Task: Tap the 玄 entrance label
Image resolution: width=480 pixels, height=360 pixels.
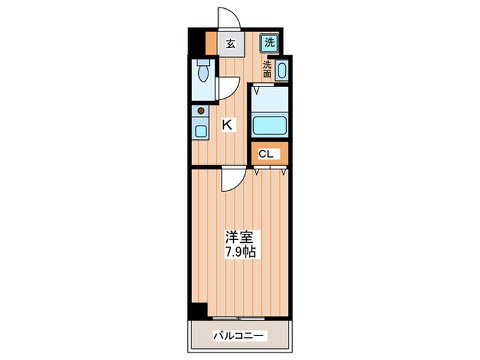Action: (231, 44)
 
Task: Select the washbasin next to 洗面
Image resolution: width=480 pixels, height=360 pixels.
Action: (283, 72)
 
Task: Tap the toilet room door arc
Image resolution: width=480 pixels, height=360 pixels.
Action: (228, 88)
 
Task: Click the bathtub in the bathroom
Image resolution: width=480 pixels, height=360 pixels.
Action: (269, 126)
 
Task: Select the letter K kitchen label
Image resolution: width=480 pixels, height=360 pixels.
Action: (227, 125)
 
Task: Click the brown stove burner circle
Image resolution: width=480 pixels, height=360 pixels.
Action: (201, 110)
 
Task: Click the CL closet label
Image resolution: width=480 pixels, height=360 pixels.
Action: (266, 154)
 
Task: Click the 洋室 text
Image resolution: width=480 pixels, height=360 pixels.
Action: (240, 237)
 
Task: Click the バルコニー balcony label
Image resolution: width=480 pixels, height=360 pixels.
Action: (239, 336)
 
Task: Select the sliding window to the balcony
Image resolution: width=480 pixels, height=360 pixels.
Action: (239, 318)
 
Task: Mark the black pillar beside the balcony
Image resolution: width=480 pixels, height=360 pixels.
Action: (198, 311)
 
